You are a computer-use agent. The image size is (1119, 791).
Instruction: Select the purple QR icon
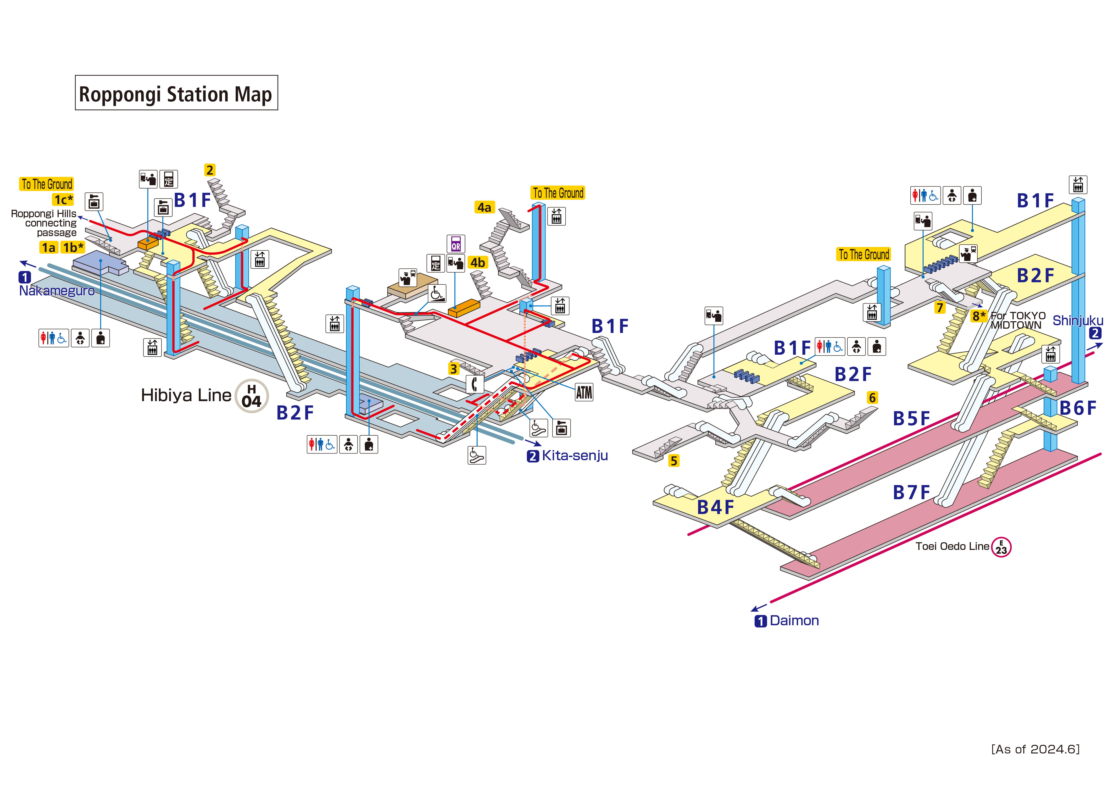[456, 244]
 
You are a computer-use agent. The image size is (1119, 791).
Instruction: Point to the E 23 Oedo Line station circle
[1001, 547]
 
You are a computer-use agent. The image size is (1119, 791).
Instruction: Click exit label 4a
[484, 208]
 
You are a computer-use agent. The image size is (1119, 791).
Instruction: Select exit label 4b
[478, 263]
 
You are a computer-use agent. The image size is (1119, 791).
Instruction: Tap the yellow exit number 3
[454, 369]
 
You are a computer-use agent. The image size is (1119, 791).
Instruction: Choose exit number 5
[674, 461]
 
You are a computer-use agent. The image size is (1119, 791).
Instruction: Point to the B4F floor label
[715, 507]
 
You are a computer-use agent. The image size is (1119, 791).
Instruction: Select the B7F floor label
[911, 493]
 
